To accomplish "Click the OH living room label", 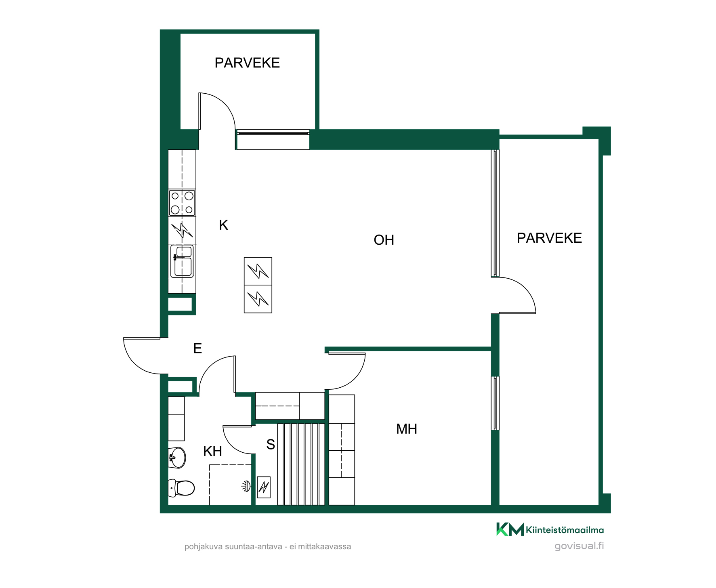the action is (x=384, y=240).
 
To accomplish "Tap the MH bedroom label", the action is (x=406, y=429).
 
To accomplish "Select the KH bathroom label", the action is (x=212, y=451).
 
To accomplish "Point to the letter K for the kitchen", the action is (x=223, y=225).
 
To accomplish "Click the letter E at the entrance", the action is (x=197, y=348).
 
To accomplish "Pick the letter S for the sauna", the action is (x=271, y=445).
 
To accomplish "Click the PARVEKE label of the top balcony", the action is (x=247, y=63).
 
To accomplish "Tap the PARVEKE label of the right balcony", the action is (x=549, y=238).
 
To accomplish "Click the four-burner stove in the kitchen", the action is (x=182, y=203).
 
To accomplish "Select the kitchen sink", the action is (x=182, y=261).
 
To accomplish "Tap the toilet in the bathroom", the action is (x=181, y=487).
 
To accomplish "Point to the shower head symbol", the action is (x=246, y=486).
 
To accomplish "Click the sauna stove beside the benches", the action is (x=264, y=487).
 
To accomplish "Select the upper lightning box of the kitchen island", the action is (x=258, y=271).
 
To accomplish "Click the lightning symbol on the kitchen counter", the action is (x=182, y=231).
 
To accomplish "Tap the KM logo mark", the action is (x=510, y=529).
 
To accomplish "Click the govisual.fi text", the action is (x=579, y=546).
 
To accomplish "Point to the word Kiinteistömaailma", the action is (x=565, y=530).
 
